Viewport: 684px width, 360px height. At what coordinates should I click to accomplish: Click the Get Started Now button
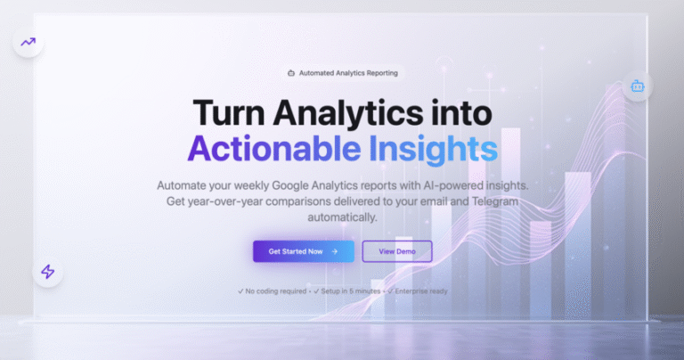pos(304,251)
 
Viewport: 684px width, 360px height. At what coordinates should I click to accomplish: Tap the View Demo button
pos(397,251)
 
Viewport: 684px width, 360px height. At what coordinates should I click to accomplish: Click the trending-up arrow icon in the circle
pos(28,42)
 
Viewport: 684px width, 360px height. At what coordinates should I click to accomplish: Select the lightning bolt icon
pos(48,272)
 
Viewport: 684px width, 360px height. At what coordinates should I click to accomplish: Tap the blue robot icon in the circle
pos(638,86)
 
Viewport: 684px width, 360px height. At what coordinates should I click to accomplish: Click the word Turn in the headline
pos(229,113)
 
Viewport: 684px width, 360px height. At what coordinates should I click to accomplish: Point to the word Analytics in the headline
pos(347,114)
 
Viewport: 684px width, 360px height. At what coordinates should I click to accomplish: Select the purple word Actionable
pos(274,148)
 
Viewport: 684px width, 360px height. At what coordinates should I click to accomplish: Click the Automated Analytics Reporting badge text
pos(348,73)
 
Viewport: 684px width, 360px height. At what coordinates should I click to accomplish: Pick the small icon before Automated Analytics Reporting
pos(291,73)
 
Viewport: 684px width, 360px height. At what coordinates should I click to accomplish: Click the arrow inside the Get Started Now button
pos(335,251)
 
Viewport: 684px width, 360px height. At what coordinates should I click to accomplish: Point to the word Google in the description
pos(289,186)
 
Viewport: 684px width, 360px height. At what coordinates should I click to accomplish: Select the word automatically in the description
pos(342,217)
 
